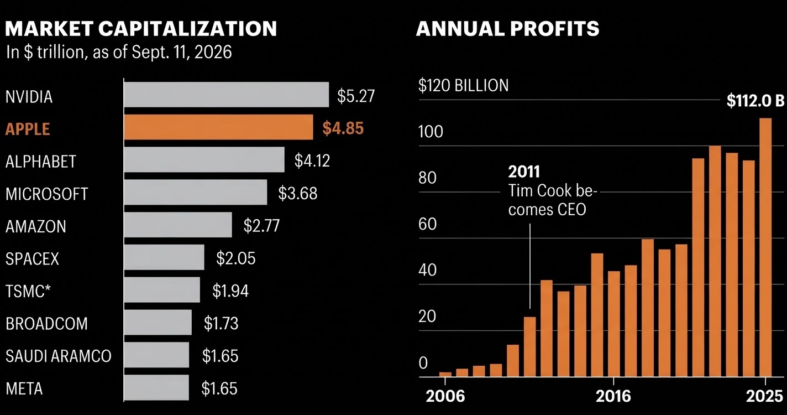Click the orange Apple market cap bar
[x=218, y=127]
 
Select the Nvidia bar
[x=226, y=95]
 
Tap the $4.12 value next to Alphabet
[x=312, y=160]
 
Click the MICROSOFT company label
[x=47, y=194]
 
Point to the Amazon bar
[x=178, y=225]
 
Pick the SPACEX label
[x=32, y=259]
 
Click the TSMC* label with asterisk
[x=28, y=291]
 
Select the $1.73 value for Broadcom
[x=221, y=324]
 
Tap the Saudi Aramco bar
[x=156, y=355]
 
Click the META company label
[x=24, y=388]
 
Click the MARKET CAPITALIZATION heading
[x=141, y=28]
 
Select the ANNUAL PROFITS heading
[x=507, y=28]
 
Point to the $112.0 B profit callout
[x=755, y=101]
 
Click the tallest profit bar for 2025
[x=765, y=247]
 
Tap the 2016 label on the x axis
[x=613, y=396]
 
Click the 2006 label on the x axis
[x=445, y=396]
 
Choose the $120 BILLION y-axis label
[x=464, y=85]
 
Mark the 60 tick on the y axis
[x=427, y=224]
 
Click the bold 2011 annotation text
[x=524, y=172]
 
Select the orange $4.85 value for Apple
[x=343, y=128]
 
